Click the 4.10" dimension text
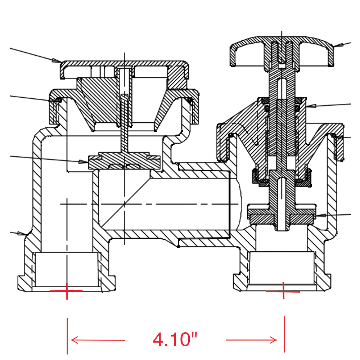click(x=175, y=339)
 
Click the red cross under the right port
click(x=284, y=291)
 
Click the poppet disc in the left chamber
click(x=124, y=160)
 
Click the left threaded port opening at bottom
click(x=67, y=270)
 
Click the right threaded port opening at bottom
click(x=282, y=270)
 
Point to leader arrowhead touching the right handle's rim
click(x=336, y=46)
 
